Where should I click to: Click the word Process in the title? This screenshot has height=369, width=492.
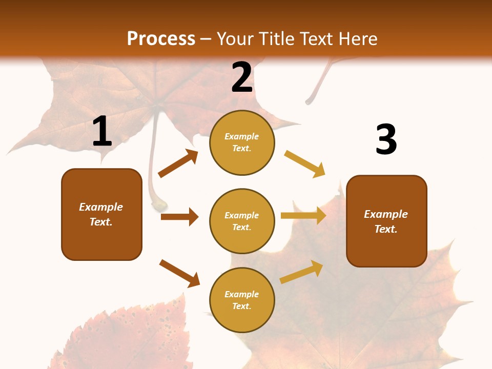(x=161, y=38)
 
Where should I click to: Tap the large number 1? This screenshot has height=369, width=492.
(x=102, y=131)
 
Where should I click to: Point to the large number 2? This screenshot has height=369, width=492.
(x=242, y=77)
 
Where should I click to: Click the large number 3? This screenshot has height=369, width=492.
(x=386, y=139)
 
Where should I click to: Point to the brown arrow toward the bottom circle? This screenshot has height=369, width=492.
(x=179, y=273)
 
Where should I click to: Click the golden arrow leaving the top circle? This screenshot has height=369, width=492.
(x=304, y=164)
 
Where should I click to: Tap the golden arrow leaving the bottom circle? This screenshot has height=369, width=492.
(x=301, y=272)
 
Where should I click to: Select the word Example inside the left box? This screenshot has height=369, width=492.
(x=101, y=207)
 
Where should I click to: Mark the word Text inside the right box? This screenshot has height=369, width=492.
(x=385, y=229)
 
